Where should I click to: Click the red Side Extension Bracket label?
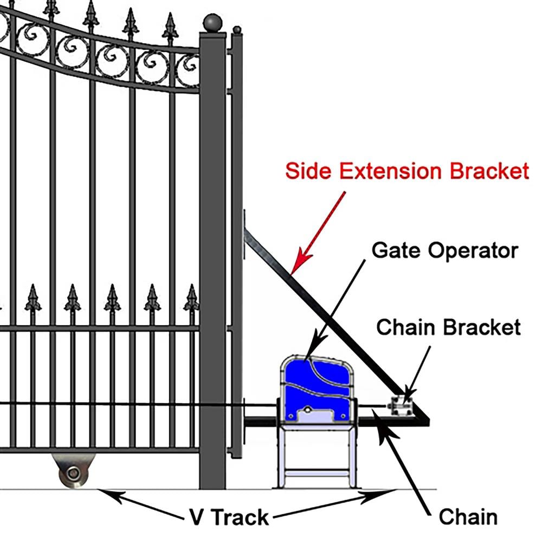point(406,171)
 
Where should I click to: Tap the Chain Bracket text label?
point(448,327)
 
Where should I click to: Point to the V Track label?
point(229,517)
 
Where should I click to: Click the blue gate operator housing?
point(317,388)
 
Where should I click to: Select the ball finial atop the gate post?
point(212,23)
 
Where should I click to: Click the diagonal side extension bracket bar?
point(325,309)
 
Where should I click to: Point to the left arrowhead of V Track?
point(106,493)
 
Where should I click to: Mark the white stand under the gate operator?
point(317,455)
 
